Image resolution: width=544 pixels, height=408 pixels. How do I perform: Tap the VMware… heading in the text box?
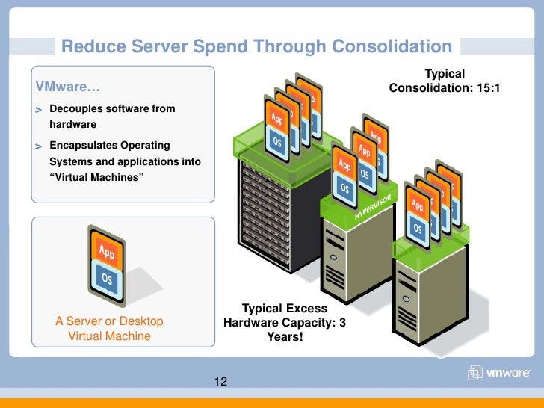click(64, 90)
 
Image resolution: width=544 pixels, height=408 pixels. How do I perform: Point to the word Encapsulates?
click(84, 145)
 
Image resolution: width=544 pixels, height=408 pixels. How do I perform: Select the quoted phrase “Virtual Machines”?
click(96, 176)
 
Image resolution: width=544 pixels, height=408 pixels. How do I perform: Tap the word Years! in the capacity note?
click(285, 337)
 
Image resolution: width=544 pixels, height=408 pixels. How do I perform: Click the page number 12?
click(220, 382)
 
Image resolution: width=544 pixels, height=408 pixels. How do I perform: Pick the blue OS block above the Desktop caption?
click(107, 277)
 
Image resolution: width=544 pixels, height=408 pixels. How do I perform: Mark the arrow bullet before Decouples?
click(38, 110)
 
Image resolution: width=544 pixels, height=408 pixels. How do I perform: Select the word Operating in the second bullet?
click(146, 145)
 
